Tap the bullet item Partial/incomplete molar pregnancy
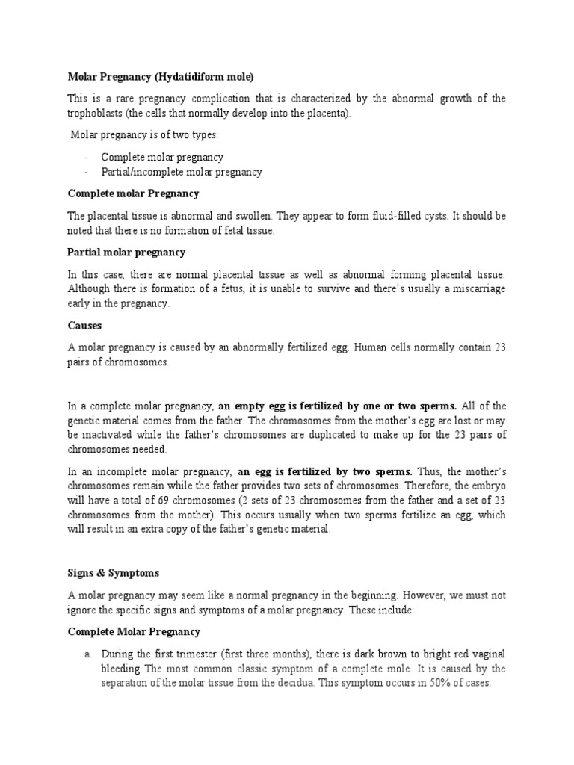click(182, 172)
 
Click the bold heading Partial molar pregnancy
click(126, 253)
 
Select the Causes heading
click(84, 326)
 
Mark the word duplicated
click(327, 435)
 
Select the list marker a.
click(87, 654)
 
